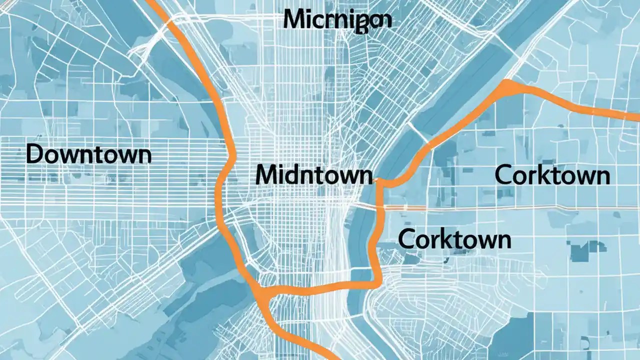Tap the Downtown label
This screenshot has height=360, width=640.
point(88,154)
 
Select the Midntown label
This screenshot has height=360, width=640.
point(313,175)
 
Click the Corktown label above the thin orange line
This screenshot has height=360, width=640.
point(552,175)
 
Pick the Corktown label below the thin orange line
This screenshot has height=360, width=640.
point(454,239)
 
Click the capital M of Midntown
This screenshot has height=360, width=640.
point(265,175)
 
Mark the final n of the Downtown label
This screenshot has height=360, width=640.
point(144,155)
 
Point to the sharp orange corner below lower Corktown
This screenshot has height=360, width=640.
point(376,284)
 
